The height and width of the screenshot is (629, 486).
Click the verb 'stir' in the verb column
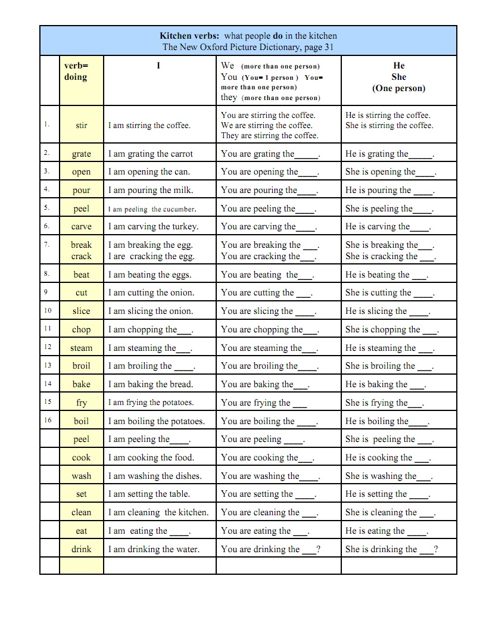point(82,125)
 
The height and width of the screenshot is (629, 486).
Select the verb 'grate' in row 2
point(82,154)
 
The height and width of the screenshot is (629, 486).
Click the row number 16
point(48,420)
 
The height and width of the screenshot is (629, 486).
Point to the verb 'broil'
point(82,366)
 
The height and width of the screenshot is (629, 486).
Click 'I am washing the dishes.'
point(155,476)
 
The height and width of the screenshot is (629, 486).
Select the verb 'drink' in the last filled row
point(82,549)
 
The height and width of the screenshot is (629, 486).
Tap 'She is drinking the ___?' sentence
point(391,549)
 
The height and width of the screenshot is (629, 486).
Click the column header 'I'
point(158,66)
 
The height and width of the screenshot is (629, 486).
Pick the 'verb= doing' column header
point(76,71)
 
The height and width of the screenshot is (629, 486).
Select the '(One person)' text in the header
point(399,88)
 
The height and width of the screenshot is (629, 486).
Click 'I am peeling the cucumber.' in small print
point(152,209)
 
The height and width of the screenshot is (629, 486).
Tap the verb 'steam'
point(82,348)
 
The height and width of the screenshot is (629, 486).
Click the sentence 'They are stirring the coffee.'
point(269,135)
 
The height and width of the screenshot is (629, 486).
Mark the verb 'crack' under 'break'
point(82,256)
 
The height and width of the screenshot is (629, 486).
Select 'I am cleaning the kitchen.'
point(158,512)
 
